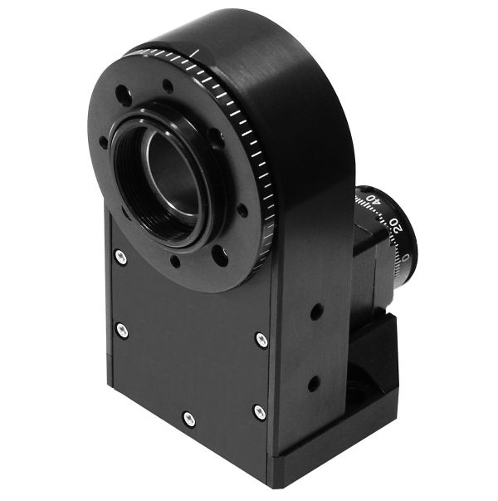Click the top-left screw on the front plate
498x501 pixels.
121,258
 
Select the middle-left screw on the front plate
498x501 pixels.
122,330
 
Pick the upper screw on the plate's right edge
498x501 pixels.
261,339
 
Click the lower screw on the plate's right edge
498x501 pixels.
260,410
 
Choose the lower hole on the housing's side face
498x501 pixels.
313,384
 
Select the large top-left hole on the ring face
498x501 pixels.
122,94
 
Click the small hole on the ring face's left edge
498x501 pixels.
103,142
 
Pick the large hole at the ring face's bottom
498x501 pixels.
220,258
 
